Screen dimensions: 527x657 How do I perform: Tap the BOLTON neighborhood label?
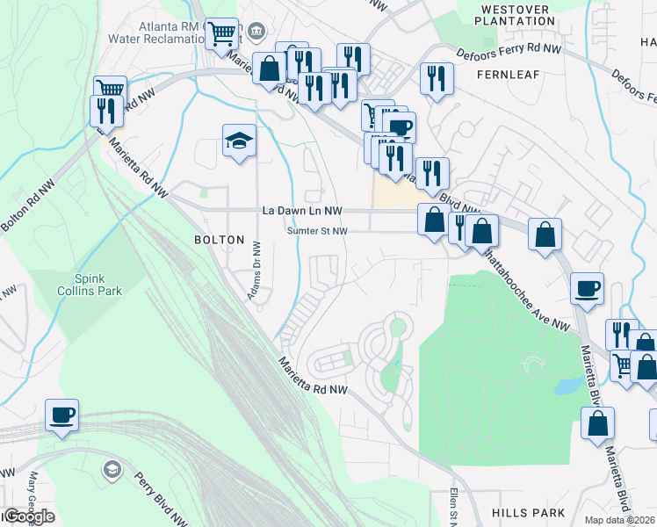[218, 240]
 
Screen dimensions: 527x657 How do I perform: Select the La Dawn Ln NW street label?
[301, 212]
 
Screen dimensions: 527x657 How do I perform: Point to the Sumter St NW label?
[318, 231]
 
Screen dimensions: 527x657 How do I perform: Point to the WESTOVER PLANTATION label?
[516, 15]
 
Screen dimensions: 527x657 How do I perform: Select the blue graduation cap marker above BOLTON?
[239, 142]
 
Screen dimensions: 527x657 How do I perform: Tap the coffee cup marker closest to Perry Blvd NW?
[61, 415]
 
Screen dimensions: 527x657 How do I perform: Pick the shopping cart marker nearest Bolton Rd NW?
[111, 90]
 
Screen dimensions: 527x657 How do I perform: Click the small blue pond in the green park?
[567, 386]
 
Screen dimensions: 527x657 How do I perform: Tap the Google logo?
[28, 516]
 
